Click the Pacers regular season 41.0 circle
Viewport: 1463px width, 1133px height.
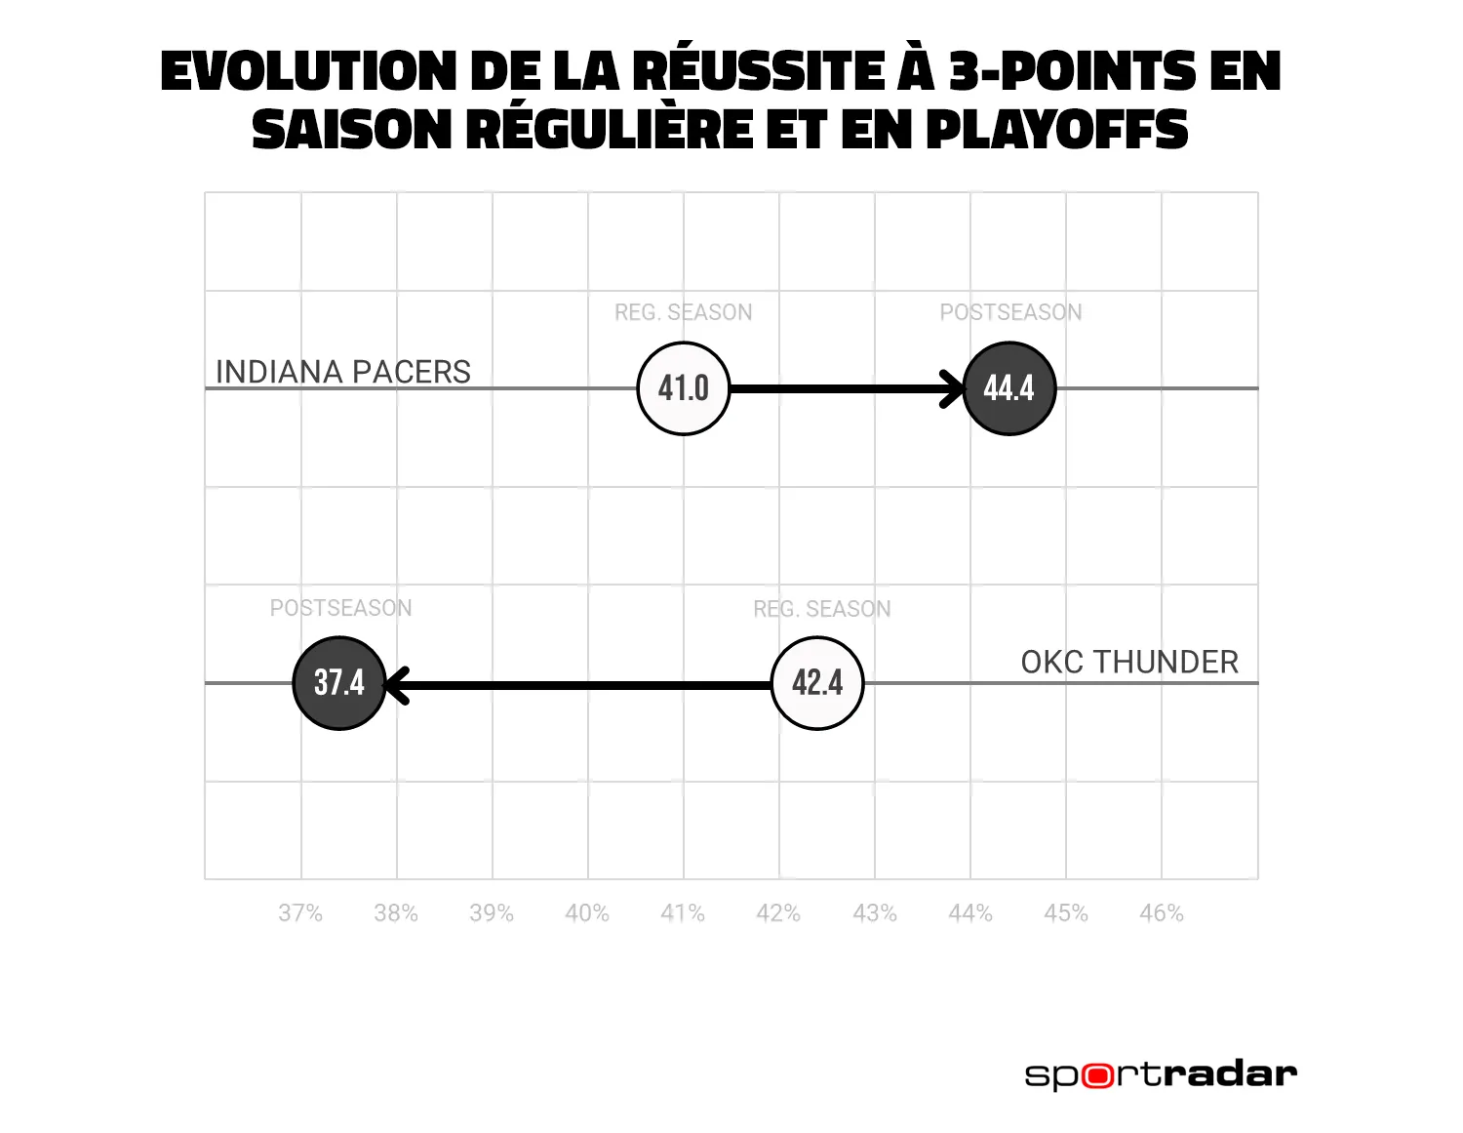(683, 388)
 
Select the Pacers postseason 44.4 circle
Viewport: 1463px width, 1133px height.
(1008, 388)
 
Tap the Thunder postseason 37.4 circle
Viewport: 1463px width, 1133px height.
(339, 683)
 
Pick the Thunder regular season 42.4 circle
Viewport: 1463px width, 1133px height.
(817, 683)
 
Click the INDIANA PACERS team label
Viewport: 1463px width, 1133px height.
(342, 372)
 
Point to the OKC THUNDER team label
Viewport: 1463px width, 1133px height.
(1129, 663)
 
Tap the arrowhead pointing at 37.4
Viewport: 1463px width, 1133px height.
(396, 684)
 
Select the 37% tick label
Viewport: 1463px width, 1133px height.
(300, 913)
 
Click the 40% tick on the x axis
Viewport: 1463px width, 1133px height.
(587, 913)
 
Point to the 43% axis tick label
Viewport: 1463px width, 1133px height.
(875, 913)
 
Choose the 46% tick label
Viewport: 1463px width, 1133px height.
(1162, 913)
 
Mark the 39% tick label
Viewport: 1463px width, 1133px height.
(492, 913)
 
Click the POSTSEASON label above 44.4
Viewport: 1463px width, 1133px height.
(1010, 312)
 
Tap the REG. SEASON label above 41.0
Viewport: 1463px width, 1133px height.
(683, 312)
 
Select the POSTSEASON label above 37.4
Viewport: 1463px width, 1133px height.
(340, 608)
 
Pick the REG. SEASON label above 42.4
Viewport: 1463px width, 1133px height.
(821, 609)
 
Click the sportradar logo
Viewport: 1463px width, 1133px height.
(1161, 1074)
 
